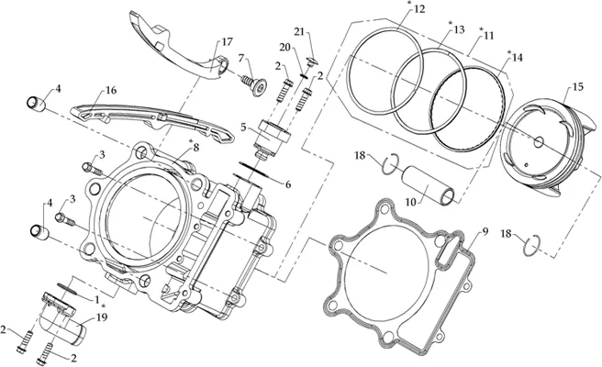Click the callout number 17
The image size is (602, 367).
228,41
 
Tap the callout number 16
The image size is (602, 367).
111,91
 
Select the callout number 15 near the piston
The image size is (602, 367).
577,87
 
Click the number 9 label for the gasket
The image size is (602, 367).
485,231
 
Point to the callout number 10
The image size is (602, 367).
411,202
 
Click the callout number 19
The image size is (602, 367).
102,317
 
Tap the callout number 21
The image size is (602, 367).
299,31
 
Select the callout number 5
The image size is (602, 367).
244,127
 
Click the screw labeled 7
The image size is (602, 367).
253,85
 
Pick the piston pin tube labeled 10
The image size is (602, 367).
429,185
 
